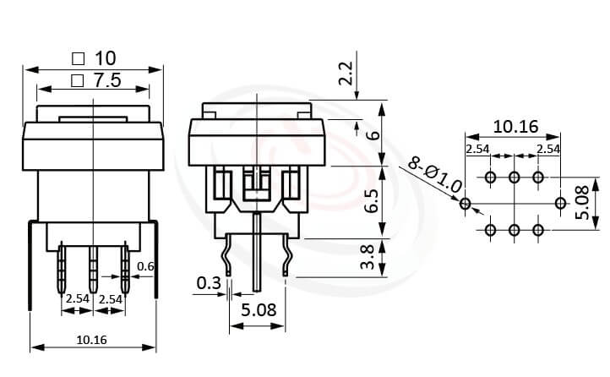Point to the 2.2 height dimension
point(346,75)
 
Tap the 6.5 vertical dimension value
point(368,201)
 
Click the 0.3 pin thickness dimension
point(209,281)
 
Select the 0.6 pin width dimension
point(144,267)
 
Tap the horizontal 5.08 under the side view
point(259,310)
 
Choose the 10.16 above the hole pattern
point(515,127)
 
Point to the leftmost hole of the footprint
point(465,204)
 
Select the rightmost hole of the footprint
point(560,204)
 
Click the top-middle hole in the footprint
point(514,178)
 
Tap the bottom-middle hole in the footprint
point(514,230)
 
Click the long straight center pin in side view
point(256,249)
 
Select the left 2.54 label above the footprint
point(478,149)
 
